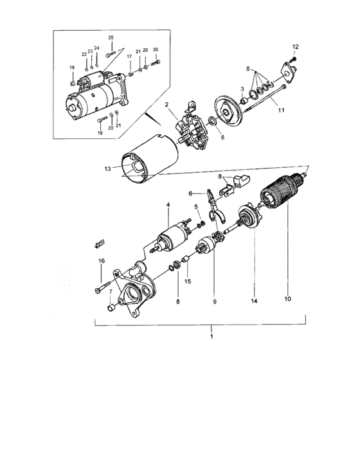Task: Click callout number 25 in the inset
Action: point(111,37)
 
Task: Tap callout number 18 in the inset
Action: point(72,67)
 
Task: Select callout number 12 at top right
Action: point(296,47)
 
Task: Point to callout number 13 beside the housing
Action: point(107,168)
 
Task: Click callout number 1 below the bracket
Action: point(212,336)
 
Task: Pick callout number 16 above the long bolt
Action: point(102,261)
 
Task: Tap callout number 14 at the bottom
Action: point(254,301)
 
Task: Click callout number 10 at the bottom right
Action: point(287,299)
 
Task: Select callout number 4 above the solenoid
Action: point(168,204)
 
